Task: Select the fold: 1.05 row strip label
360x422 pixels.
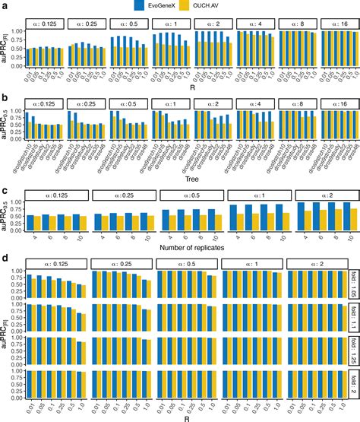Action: [353, 287]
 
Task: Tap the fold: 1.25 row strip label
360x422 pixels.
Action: [353, 352]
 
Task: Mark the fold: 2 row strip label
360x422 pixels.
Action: [353, 385]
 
